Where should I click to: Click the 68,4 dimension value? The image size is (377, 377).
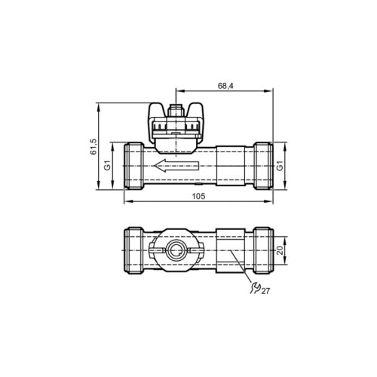pyautogui.click(x=225, y=87)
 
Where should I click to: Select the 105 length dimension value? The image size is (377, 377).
pyautogui.click(x=198, y=196)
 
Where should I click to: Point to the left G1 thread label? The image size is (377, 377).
pyautogui.click(x=108, y=165)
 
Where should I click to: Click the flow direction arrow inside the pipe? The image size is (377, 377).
pyautogui.click(x=174, y=166)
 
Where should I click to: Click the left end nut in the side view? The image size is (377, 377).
pyautogui.click(x=133, y=165)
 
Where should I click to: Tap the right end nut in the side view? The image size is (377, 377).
pyautogui.click(x=262, y=165)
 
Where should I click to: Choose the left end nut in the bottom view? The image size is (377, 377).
pyautogui.click(x=133, y=250)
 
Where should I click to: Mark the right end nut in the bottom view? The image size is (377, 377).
pyautogui.click(x=262, y=250)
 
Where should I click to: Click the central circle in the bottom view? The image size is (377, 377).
pyautogui.click(x=175, y=250)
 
